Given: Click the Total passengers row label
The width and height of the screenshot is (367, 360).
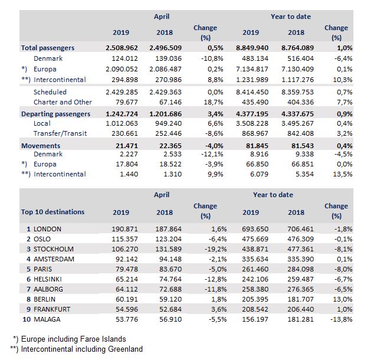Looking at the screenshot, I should click(47, 47).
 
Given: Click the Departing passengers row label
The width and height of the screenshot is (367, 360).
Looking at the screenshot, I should click(55, 113).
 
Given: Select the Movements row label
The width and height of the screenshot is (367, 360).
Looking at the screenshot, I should click(41, 145).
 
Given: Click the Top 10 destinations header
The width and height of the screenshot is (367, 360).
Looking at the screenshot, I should click(53, 212).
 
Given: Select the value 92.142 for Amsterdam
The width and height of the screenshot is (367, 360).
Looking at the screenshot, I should click(125, 258).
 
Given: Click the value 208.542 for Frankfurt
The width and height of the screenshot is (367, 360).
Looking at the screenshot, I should click(257, 309).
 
